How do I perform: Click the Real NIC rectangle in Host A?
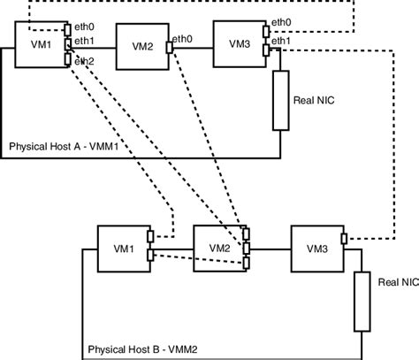coord(280,100)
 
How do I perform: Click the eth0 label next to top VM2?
coord(183,38)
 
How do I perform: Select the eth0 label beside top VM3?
coord(281,21)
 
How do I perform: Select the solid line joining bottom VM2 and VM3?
coord(270,247)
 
